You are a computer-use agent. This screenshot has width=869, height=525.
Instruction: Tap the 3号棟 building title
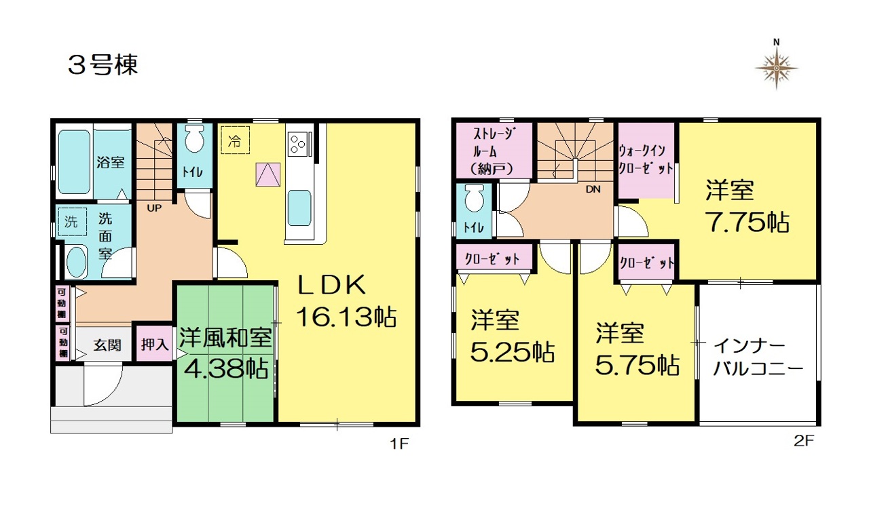[x=103, y=64]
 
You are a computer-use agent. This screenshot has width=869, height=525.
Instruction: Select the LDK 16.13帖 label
[x=346, y=300]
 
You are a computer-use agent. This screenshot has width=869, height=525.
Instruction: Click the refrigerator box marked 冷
[x=235, y=140]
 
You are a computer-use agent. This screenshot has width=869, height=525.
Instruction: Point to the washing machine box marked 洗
[x=72, y=222]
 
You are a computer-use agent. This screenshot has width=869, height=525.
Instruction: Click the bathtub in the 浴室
[x=75, y=161]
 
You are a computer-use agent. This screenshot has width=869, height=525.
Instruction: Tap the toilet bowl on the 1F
[x=194, y=139]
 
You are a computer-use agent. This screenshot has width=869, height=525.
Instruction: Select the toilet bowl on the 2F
[x=474, y=198]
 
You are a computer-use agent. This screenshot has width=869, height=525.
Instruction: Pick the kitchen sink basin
[x=299, y=208]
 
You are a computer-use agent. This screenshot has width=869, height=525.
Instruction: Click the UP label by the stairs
[x=154, y=208]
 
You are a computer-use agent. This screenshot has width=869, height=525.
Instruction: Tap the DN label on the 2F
[x=593, y=189]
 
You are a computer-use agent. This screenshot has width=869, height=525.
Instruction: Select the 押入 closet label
[x=154, y=344]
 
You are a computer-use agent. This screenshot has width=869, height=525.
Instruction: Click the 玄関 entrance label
[x=107, y=345]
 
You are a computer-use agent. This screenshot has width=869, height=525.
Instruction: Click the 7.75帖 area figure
[x=749, y=222]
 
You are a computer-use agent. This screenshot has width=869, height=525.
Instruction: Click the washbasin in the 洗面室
[x=77, y=262]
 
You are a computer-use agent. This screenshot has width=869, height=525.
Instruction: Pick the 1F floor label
[x=399, y=444]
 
